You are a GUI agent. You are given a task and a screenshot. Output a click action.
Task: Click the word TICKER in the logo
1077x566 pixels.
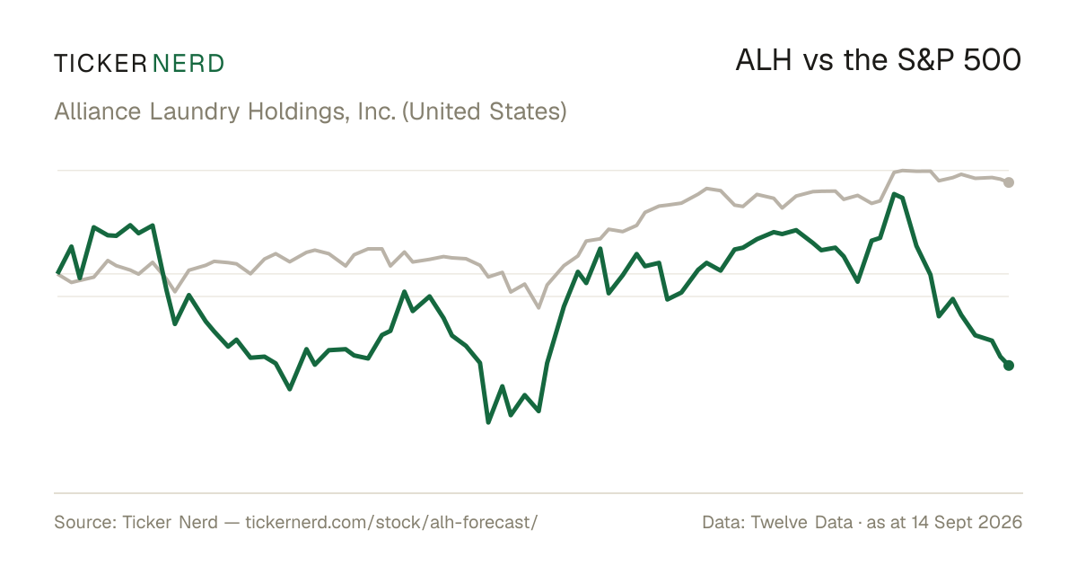click(101, 64)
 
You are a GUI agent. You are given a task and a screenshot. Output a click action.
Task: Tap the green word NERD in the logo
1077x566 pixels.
click(188, 64)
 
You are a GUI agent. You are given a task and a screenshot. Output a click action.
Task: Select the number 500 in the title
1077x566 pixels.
click(992, 60)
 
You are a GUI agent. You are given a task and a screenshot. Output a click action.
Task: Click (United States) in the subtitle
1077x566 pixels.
click(485, 112)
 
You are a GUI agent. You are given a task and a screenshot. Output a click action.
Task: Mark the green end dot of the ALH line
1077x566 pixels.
click(1009, 366)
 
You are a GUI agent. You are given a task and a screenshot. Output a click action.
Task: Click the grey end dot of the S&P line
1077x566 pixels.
click(1009, 182)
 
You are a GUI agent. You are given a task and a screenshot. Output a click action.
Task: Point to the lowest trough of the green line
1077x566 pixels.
click(488, 422)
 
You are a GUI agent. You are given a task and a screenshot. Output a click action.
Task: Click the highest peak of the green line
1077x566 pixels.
click(894, 194)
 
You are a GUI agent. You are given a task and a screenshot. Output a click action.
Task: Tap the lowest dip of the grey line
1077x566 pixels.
click(538, 307)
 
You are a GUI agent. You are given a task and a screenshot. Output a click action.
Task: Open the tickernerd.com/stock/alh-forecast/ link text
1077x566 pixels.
click(392, 522)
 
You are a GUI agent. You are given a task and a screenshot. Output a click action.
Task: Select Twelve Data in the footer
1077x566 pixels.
click(801, 522)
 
